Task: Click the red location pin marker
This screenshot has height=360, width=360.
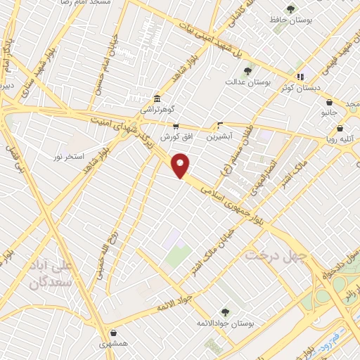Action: (181, 165)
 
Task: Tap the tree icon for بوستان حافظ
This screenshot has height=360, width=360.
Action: (290, 9)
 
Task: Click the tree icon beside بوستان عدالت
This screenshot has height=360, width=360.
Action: (247, 71)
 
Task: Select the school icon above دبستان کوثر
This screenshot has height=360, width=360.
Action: (301, 77)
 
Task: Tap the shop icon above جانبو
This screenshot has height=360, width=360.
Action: (329, 102)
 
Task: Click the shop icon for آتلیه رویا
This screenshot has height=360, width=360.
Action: (340, 129)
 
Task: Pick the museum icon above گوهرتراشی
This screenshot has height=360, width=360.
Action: (156, 99)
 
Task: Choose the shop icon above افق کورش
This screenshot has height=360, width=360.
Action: (176, 126)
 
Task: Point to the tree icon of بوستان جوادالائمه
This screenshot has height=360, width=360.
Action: (225, 312)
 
